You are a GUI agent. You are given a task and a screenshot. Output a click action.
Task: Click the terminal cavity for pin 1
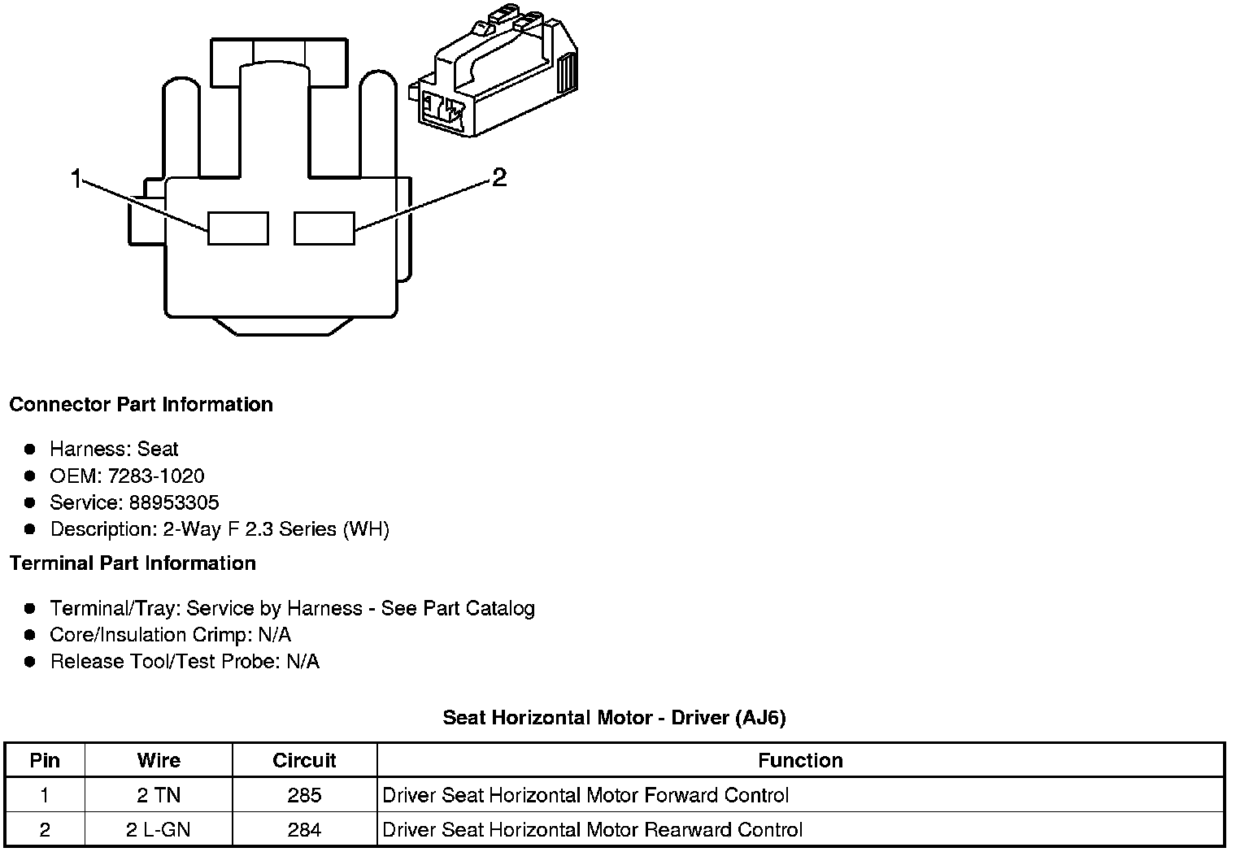pos(237,228)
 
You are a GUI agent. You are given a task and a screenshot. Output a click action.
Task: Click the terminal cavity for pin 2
pos(324,228)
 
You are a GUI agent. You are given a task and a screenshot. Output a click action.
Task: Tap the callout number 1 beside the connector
pos(76,179)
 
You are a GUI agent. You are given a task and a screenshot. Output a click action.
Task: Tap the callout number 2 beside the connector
pos(499,177)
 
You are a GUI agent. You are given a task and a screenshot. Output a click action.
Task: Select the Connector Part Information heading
pos(141,405)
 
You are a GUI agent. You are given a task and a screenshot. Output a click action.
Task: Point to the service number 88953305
pos(174,502)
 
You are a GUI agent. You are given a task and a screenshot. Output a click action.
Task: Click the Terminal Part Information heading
pos(133,563)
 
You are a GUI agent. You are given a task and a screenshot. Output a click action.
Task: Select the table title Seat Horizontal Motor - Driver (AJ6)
pos(614,718)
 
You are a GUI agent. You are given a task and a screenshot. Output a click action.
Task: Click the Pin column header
pos(45,760)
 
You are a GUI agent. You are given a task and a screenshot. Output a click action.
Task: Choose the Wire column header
pos(159,760)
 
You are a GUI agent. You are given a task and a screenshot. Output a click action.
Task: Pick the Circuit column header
pos(304,760)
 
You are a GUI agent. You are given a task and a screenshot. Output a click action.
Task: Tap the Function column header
pos(800,760)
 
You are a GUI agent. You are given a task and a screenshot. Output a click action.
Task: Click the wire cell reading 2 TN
pos(159,795)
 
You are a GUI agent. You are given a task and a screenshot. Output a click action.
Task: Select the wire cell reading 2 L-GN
pos(159,830)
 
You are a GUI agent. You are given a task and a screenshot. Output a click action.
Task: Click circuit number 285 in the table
pos(304,795)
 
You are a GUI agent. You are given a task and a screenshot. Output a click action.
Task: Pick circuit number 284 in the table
pos(304,830)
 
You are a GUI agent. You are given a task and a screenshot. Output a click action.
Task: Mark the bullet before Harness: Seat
pos(30,449)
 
